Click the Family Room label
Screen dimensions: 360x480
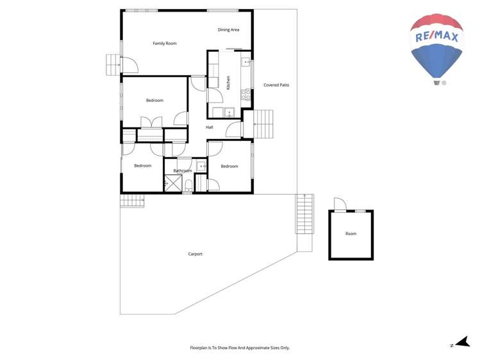coord(165,44)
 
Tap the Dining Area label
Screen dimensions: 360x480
coord(228,29)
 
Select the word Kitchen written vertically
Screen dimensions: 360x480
coord(228,82)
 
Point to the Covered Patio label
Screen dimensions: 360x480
coord(276,85)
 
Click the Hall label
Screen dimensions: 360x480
coord(210,127)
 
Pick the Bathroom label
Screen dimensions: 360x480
coord(183,171)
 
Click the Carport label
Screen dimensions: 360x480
coord(195,254)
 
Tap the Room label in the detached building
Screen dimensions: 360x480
coord(351,234)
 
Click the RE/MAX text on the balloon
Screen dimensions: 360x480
coord(437,38)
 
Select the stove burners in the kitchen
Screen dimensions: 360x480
coord(245,94)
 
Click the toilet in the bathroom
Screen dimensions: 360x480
coord(188,186)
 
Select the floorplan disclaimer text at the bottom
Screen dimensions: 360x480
coord(240,348)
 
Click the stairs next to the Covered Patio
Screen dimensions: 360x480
coord(263,124)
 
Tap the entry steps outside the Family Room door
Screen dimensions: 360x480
coord(113,64)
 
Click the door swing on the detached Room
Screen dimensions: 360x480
coord(340,204)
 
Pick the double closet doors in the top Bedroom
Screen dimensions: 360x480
coord(151,122)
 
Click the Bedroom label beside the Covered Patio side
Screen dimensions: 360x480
coord(229,167)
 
